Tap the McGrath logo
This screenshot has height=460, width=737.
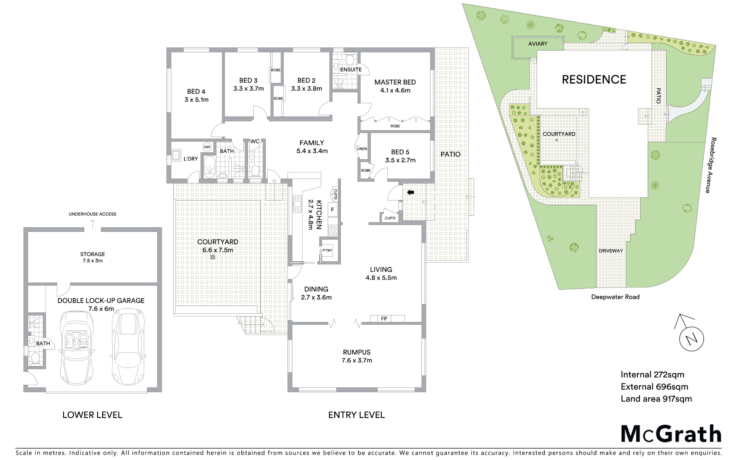(x=671, y=434)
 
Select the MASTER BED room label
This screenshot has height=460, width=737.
(x=395, y=82)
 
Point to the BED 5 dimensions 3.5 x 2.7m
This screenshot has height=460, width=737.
(x=400, y=160)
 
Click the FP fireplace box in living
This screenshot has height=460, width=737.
(x=384, y=318)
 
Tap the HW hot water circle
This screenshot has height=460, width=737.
(x=207, y=147)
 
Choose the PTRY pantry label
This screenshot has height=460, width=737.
(x=327, y=251)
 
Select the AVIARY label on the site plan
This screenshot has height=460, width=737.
(x=538, y=44)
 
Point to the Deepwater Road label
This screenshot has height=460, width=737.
(x=615, y=297)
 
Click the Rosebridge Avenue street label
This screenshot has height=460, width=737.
(x=713, y=165)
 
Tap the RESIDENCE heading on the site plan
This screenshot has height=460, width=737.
(x=594, y=80)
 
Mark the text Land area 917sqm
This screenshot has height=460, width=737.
(x=656, y=399)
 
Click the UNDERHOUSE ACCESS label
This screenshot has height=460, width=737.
(x=93, y=214)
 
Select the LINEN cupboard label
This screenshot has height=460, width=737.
(x=362, y=149)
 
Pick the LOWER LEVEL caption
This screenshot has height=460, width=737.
(x=92, y=415)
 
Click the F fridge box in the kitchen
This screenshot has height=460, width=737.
(x=332, y=209)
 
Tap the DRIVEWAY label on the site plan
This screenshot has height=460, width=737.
(x=611, y=251)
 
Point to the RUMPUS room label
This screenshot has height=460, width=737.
(x=356, y=352)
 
